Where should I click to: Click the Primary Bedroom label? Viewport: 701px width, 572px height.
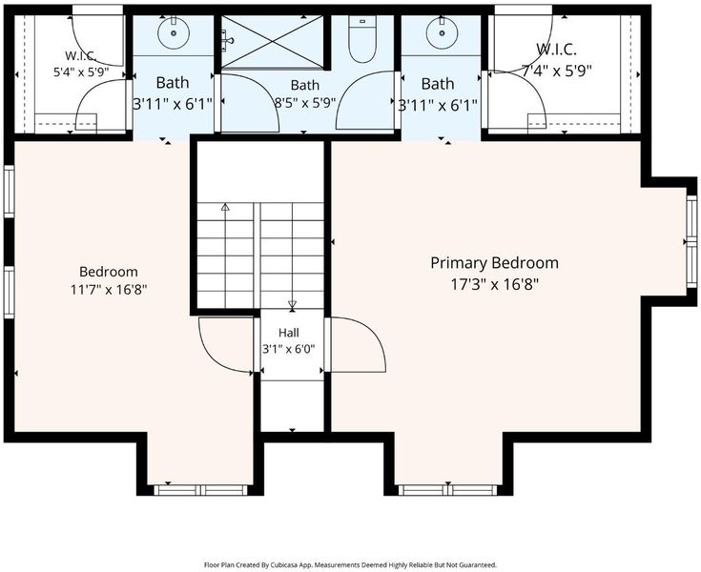coord(494,263)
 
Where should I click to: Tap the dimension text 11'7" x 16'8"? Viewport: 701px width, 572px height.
coord(109,290)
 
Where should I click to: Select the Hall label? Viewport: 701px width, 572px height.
coord(289,333)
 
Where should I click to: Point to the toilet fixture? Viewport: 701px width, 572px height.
coord(362,39)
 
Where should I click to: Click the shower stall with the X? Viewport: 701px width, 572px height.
coord(272,42)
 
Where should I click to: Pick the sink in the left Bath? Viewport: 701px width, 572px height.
coord(174,32)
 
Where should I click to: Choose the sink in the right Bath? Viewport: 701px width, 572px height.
coord(442,32)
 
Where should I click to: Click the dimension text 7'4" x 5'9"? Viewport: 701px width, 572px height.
coord(557,71)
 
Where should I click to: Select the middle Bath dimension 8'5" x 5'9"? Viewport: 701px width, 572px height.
coord(305,103)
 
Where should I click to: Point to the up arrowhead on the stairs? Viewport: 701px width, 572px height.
coord(225,208)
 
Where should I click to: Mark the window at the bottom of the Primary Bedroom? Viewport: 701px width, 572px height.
coord(447,490)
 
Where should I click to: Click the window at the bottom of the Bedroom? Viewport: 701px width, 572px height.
coord(200,490)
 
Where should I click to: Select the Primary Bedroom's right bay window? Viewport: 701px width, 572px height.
coord(691,242)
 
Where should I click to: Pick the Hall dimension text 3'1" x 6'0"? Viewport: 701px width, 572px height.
coord(289,349)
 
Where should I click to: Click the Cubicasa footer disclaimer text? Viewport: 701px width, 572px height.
coord(350,565)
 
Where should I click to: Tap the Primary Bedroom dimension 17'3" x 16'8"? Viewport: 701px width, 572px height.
coord(494,284)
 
